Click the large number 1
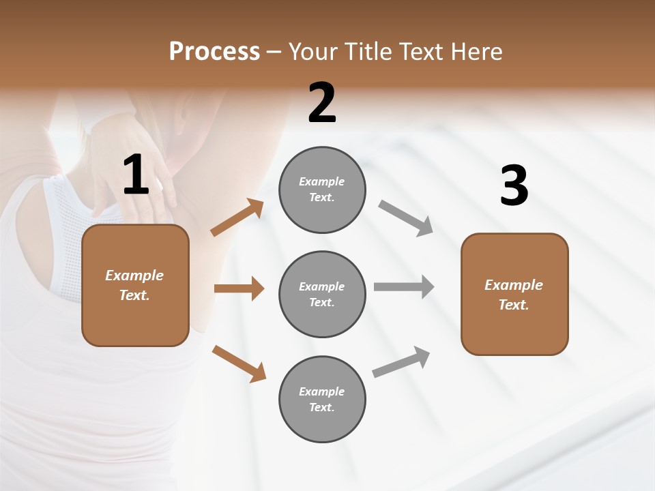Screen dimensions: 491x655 click(136, 175)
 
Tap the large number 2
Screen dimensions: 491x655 click(322, 104)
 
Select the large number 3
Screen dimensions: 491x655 click(514, 186)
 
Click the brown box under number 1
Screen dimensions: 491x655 click(135, 285)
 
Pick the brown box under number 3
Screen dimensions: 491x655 click(514, 295)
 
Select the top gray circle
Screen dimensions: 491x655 click(322, 190)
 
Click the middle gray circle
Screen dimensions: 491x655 click(322, 295)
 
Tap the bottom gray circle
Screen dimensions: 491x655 click(322, 400)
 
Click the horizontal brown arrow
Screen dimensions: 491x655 click(239, 288)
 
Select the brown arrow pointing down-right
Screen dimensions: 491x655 click(239, 363)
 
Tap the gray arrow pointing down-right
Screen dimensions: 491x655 click(406, 218)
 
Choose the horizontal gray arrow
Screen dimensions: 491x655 click(404, 287)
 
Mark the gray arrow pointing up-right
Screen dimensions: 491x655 click(401, 362)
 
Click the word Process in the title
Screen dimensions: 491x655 click(214, 51)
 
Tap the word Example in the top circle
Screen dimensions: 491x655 click(321, 181)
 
